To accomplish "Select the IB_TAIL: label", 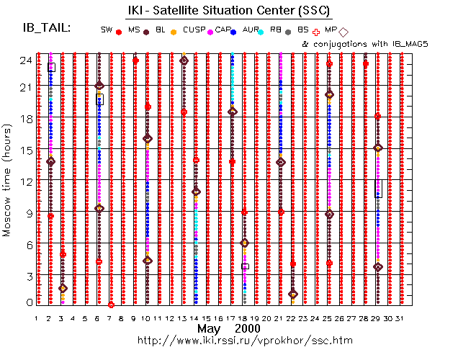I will [47, 28].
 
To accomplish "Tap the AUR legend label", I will [251, 30].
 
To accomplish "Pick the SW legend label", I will [107, 30].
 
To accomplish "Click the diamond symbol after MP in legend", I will [343, 31].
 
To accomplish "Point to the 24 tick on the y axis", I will [26, 60].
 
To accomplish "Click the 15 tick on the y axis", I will [26, 150].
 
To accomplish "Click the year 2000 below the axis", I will [242, 328].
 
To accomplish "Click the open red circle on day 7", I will [111, 305].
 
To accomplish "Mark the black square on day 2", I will [51, 67].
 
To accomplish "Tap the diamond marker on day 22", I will [292, 294].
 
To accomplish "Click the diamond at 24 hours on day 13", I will [184, 60].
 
